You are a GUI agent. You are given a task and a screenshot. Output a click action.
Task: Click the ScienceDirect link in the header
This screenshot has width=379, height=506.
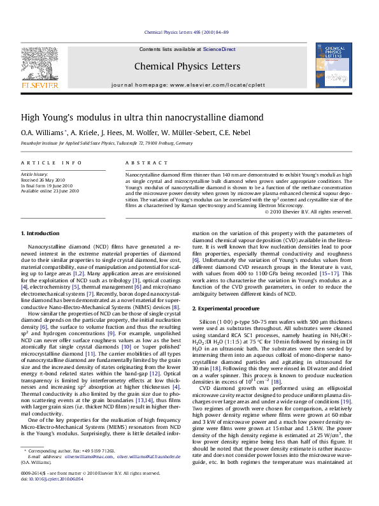[x=219, y=49]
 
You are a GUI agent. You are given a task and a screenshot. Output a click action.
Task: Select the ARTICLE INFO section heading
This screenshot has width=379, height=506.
[x=52, y=163]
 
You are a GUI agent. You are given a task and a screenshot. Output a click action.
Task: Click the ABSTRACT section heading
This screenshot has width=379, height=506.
[x=141, y=163]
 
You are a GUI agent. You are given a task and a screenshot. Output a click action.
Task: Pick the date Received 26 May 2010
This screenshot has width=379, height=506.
[x=43, y=179]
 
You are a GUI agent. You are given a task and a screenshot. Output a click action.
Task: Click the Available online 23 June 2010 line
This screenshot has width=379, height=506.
[x=50, y=191]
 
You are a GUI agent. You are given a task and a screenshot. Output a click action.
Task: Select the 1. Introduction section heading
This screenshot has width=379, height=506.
[x=41, y=235]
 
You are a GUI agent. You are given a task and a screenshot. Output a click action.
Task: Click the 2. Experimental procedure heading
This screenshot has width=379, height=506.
[x=225, y=308]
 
